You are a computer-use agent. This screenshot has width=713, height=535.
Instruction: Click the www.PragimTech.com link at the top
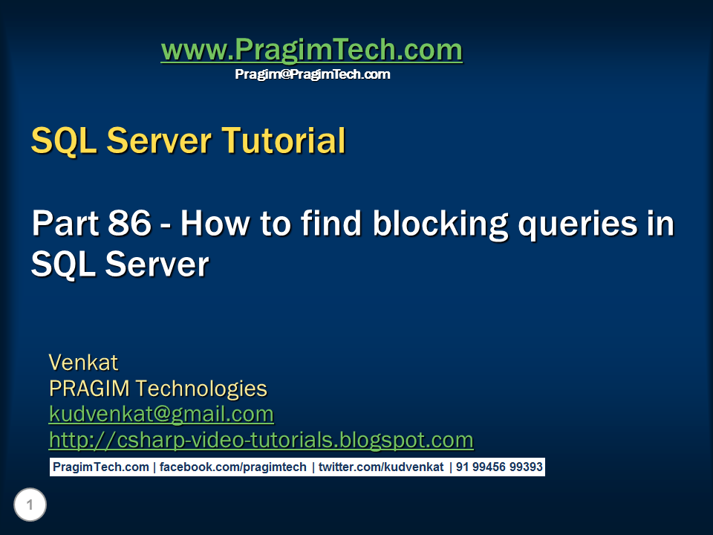312,50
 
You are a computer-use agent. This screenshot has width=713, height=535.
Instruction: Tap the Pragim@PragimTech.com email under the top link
313,74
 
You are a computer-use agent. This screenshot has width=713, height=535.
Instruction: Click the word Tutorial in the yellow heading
284,140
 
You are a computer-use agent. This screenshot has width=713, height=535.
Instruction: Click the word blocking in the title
440,224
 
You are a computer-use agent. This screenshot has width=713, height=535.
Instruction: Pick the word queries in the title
578,224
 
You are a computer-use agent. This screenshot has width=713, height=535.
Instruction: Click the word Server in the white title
157,265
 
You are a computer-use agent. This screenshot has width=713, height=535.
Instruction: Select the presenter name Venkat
83,363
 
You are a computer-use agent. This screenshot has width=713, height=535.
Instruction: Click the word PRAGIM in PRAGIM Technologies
89,388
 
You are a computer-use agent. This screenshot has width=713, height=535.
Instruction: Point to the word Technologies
201,389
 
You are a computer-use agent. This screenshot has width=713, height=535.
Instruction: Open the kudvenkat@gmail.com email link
161,415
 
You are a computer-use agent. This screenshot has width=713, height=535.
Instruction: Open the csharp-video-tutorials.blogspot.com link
261,440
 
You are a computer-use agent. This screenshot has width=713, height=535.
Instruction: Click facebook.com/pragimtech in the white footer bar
232,467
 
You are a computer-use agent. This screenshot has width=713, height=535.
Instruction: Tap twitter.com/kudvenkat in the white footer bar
381,467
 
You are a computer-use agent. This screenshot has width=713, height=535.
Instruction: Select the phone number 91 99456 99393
499,467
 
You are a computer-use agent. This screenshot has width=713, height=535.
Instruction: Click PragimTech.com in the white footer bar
101,467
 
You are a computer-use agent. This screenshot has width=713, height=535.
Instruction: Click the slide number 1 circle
30,505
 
